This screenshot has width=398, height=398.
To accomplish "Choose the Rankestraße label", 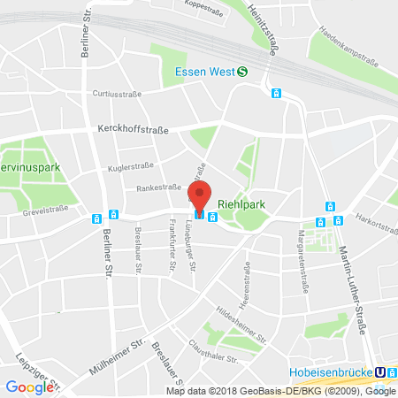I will tap(158, 188).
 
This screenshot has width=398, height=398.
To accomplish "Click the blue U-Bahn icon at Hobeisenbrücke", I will tap(381, 372).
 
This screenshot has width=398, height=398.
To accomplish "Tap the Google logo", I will tap(28, 387).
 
